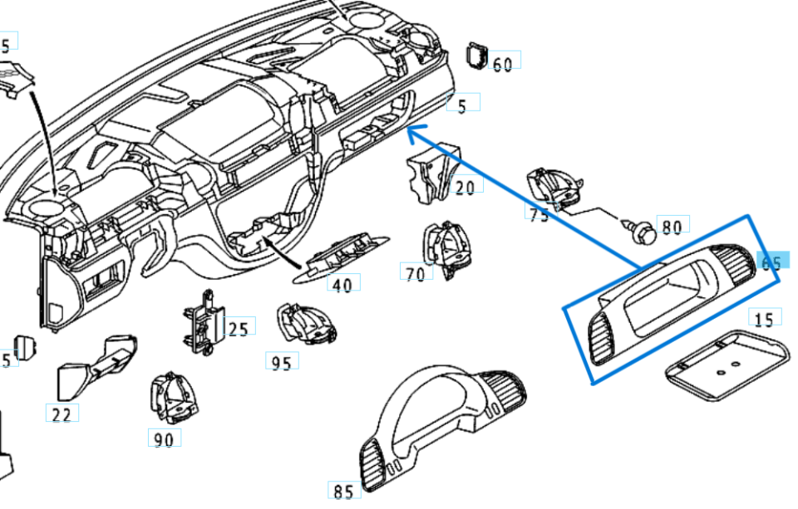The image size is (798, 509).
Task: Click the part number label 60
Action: click(x=503, y=64)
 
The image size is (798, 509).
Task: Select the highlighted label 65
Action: click(x=771, y=262)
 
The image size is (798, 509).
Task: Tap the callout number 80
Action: click(x=672, y=226)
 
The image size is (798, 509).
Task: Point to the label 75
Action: click(x=539, y=214)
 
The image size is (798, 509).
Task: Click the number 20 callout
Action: click(x=465, y=187)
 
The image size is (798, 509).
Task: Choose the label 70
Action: click(x=416, y=272)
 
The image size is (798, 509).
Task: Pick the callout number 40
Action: click(x=342, y=285)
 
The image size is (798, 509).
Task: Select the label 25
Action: click(x=238, y=330)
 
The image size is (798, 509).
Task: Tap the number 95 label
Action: click(x=282, y=363)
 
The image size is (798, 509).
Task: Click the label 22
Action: click(x=62, y=414)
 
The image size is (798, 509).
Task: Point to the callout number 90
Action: click(x=164, y=439)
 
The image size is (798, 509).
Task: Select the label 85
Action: click(x=343, y=492)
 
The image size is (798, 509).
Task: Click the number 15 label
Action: click(x=763, y=319)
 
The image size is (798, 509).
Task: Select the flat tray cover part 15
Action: click(x=728, y=363)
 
